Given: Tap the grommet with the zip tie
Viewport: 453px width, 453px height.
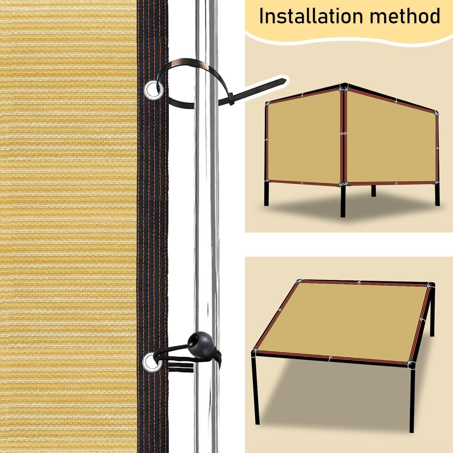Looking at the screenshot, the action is [154, 90].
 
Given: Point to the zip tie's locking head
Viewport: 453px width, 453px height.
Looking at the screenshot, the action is [231, 99].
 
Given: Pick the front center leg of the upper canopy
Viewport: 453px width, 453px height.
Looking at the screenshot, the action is [343, 201].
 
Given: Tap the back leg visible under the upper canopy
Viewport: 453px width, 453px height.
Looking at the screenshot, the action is [374, 191].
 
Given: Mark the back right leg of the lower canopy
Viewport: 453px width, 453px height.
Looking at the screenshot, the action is [432, 313].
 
